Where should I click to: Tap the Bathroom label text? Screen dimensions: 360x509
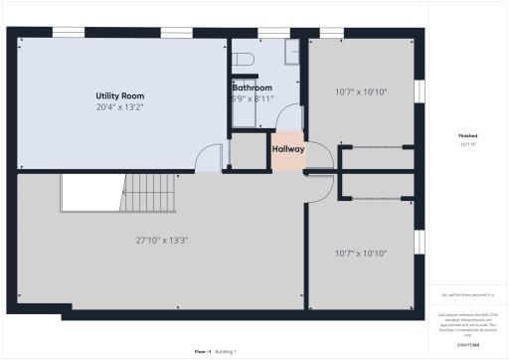(x=252, y=88)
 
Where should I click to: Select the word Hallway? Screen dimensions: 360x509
(x=288, y=150)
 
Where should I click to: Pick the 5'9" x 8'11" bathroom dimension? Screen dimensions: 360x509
(x=252, y=98)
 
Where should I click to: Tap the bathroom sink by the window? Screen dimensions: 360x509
(x=291, y=52)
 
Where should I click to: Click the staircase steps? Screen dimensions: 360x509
(x=149, y=193)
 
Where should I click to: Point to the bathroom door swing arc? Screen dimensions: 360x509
(x=290, y=116)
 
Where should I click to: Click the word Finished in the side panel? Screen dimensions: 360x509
(x=468, y=136)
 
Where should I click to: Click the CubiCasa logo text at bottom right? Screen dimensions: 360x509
(x=468, y=345)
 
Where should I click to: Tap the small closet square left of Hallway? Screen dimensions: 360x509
(x=245, y=151)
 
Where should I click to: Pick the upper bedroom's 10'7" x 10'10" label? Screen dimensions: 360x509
(x=359, y=92)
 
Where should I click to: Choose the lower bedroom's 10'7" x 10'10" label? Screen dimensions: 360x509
(x=359, y=253)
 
